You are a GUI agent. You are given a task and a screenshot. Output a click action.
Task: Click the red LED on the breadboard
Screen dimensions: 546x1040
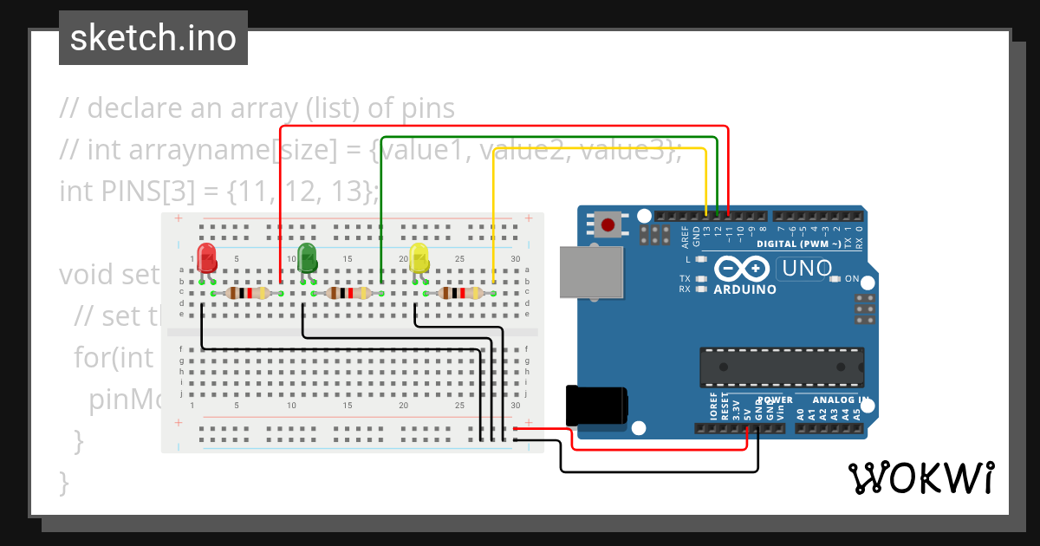(206, 258)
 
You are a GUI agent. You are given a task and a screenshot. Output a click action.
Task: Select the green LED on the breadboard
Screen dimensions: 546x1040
(307, 258)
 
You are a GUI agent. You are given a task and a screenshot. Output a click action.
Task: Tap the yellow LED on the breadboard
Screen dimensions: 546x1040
(419, 258)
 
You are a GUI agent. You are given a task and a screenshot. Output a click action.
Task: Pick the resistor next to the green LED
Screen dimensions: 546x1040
(346, 294)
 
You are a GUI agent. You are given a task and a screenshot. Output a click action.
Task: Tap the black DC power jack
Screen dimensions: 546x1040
(595, 406)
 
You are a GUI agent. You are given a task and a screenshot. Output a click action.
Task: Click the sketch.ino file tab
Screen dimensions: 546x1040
(153, 38)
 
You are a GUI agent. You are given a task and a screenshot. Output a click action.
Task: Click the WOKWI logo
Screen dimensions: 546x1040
(920, 478)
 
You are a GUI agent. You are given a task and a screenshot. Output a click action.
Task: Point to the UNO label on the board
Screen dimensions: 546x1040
(806, 268)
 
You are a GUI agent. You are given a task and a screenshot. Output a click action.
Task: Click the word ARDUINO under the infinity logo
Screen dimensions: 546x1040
(744, 289)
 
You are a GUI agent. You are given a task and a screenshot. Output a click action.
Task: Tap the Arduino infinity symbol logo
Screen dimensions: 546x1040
(744, 270)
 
